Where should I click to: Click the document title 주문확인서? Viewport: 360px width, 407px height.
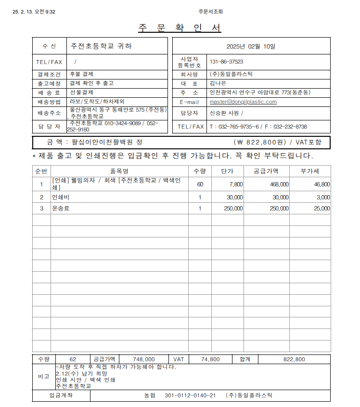180,28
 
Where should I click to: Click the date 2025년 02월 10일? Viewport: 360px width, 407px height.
251,46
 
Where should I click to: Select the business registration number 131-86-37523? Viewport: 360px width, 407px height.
226,62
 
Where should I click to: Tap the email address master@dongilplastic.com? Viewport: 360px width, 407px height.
243,102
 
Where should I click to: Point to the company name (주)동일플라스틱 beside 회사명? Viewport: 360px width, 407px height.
231,74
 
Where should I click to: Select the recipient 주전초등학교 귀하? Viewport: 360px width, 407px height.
101,46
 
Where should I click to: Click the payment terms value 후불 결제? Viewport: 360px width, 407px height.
81,74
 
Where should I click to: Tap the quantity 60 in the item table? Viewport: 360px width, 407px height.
200,184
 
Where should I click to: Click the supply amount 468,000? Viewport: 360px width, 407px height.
279,184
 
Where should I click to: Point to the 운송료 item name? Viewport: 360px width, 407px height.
61,209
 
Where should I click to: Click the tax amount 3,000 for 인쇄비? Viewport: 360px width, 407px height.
323,197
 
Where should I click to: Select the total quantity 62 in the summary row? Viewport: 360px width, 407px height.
73,359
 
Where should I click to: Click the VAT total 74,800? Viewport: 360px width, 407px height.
210,359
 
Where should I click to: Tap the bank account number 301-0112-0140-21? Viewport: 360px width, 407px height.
190,395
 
